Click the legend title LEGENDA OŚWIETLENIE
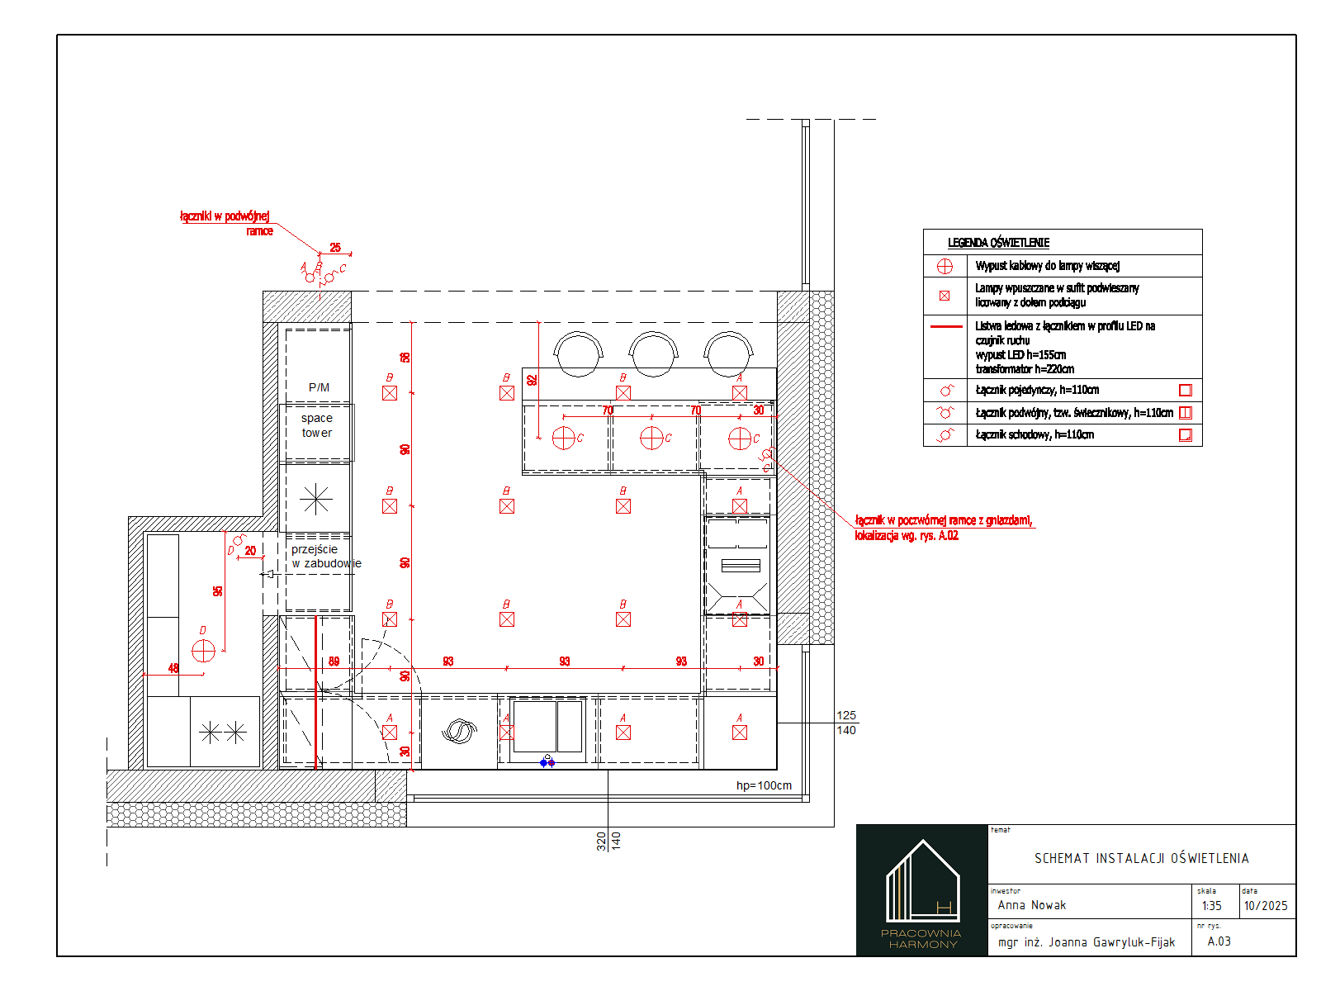pos(998,243)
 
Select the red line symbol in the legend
pos(945,327)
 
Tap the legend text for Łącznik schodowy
pos(1035,434)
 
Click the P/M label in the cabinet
pos(319,387)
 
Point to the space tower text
pos(317,425)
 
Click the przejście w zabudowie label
pos(325,557)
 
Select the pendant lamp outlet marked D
pos(203,651)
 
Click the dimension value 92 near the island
pos(533,380)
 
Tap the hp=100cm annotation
pos(764,785)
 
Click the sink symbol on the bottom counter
pos(460,732)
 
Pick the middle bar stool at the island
pos(653,353)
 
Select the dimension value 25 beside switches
pos(335,247)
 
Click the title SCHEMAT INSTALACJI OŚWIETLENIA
pos(1141,859)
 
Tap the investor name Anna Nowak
pos(1031,905)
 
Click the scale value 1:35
pos(1211,906)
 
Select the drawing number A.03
pos(1219,941)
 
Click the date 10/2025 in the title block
pos(1266,906)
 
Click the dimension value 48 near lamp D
pos(173,668)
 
